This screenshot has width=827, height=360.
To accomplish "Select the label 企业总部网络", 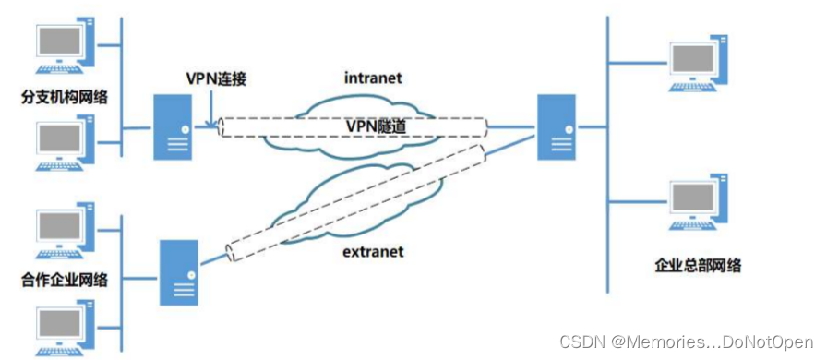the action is click(696, 265).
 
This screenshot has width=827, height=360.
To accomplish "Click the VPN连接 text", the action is click(216, 78).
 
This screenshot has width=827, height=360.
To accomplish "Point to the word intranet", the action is click(374, 78).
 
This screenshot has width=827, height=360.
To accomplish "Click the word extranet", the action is click(373, 251).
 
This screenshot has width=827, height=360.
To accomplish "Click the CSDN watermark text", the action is click(687, 342).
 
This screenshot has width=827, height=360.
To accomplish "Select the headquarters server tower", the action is click(557, 127).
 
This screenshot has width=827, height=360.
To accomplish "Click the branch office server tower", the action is click(173, 127).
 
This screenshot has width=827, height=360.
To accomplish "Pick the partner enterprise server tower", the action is click(179, 272).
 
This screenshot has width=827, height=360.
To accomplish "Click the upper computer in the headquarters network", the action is click(696, 61).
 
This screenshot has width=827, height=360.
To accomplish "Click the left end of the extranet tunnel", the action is click(230, 252).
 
